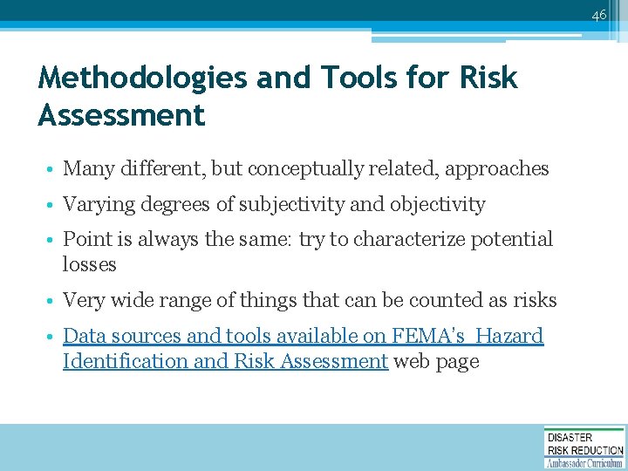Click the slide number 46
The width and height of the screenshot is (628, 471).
tap(598, 14)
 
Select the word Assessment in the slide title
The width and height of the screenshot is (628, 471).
tap(121, 115)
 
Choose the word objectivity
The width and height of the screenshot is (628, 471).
tap(437, 205)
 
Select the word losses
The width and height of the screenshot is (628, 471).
tap(89, 264)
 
